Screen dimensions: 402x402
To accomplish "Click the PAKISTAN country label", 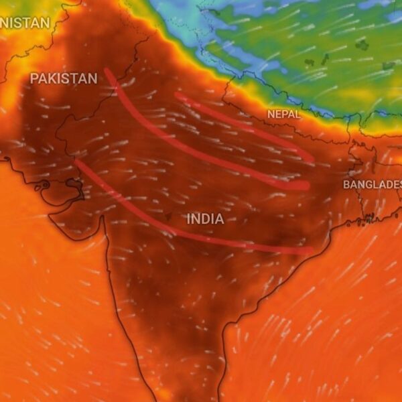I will (x=64, y=78).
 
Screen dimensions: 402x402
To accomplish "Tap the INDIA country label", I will (x=205, y=219).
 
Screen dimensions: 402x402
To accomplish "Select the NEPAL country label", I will (x=284, y=115).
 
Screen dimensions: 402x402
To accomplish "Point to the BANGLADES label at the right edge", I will (x=373, y=184).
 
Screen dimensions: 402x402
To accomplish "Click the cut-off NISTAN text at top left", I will (x=25, y=23).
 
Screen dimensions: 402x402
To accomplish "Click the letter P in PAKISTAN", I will (x=34, y=78).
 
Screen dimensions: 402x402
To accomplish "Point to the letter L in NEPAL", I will (x=298, y=115).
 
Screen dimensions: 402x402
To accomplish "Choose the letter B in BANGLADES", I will (x=347, y=184).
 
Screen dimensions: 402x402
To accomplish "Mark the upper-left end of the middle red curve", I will (x=107, y=70).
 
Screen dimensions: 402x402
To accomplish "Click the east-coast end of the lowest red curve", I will (x=310, y=251).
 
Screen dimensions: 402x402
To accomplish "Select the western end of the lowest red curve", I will (x=77, y=161).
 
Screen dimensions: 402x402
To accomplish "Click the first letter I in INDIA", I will (x=189, y=219).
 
